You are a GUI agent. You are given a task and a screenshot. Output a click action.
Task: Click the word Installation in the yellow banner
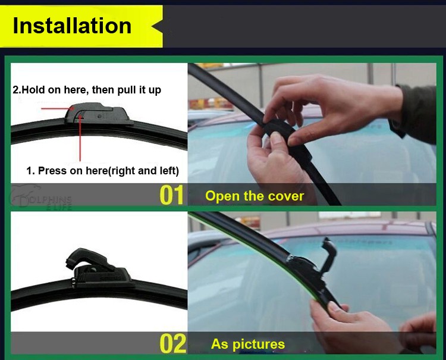[72, 26]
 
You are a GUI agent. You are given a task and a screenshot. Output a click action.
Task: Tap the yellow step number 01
[171, 195]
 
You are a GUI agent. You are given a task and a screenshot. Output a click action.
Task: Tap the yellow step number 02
[172, 344]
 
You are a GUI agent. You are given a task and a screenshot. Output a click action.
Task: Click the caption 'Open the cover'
[255, 196]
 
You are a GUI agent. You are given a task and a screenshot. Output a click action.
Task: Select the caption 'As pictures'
[248, 344]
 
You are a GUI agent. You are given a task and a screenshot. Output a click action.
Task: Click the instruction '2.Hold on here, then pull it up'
[87, 90]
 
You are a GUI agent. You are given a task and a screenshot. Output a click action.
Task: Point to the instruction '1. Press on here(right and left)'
[103, 171]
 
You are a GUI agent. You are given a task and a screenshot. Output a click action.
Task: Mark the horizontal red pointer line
[57, 108]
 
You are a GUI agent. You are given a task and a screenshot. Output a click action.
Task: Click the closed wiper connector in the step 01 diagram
[98, 114]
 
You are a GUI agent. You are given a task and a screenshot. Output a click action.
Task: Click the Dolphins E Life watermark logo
[40, 197]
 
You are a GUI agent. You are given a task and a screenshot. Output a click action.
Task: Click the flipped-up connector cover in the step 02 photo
[328, 255]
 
